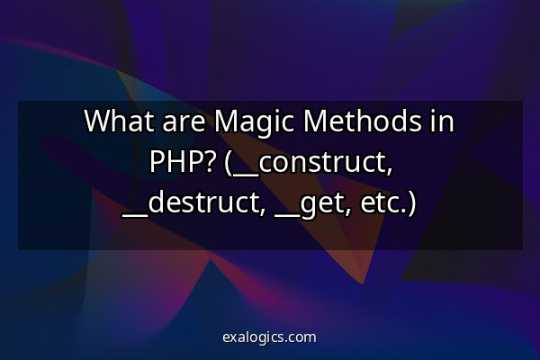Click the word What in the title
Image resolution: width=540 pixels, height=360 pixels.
pos(119,121)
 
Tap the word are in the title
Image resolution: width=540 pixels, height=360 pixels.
pos(184,124)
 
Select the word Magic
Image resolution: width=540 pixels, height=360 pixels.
pos(254,123)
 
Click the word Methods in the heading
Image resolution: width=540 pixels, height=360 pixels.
pos(363,121)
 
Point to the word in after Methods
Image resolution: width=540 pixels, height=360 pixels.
pos(443,121)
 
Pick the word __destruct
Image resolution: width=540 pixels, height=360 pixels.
pos(191,204)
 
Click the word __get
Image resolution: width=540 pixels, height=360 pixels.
pos(309,206)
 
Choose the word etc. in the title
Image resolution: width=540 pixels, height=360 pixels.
pos(383,204)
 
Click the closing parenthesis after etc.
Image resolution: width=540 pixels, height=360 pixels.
pos(411,204)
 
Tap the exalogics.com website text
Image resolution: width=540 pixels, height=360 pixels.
pos(269,337)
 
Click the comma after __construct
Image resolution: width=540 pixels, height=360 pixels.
pos(389,170)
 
